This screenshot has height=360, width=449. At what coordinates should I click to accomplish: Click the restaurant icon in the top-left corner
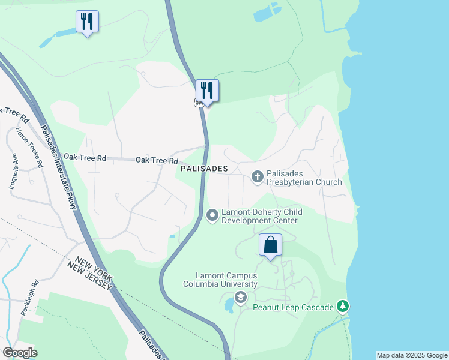(88, 22)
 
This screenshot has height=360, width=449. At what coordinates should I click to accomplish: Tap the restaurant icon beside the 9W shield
(208, 91)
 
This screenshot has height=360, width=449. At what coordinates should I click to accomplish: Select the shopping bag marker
(271, 245)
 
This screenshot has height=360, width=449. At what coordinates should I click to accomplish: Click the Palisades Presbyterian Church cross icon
(258, 176)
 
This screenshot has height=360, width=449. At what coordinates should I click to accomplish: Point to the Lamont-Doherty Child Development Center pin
(212, 215)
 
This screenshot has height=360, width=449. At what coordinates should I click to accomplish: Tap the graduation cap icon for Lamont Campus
(241, 297)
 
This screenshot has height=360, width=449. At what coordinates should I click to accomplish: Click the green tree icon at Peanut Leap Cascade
(343, 307)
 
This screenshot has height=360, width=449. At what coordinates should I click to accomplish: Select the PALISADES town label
(203, 169)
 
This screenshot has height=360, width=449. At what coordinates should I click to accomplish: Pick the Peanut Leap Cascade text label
(293, 307)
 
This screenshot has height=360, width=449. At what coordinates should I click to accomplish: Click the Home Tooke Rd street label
(30, 147)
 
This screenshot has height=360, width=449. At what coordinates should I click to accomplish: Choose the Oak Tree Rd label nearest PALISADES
(157, 160)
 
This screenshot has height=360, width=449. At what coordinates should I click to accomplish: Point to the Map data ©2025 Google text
(411, 355)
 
